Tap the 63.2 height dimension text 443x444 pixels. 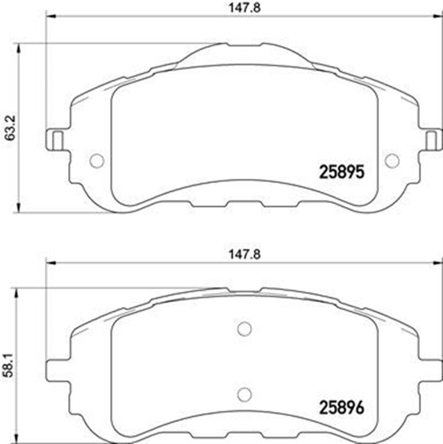pyautogui.click(x=9, y=127)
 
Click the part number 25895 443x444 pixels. pyautogui.click(x=341, y=170)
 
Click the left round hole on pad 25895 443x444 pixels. pyautogui.click(x=97, y=160)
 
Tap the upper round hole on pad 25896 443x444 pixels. pyautogui.click(x=244, y=329)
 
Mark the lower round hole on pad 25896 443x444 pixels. pyautogui.click(x=244, y=393)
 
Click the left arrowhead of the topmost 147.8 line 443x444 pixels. pyautogui.click(x=50, y=23)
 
